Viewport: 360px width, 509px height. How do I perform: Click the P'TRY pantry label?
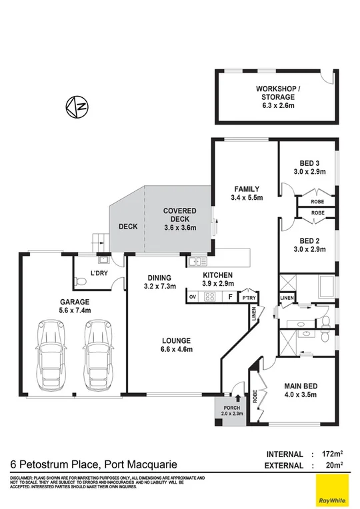pos(249,297)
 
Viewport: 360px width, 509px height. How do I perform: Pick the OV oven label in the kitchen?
pos(193,296)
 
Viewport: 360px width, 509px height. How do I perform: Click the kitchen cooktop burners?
pos(209,297)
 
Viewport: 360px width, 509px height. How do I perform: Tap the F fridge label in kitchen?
pos(230,297)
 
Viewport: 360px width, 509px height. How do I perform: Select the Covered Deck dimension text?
pos(180,227)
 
